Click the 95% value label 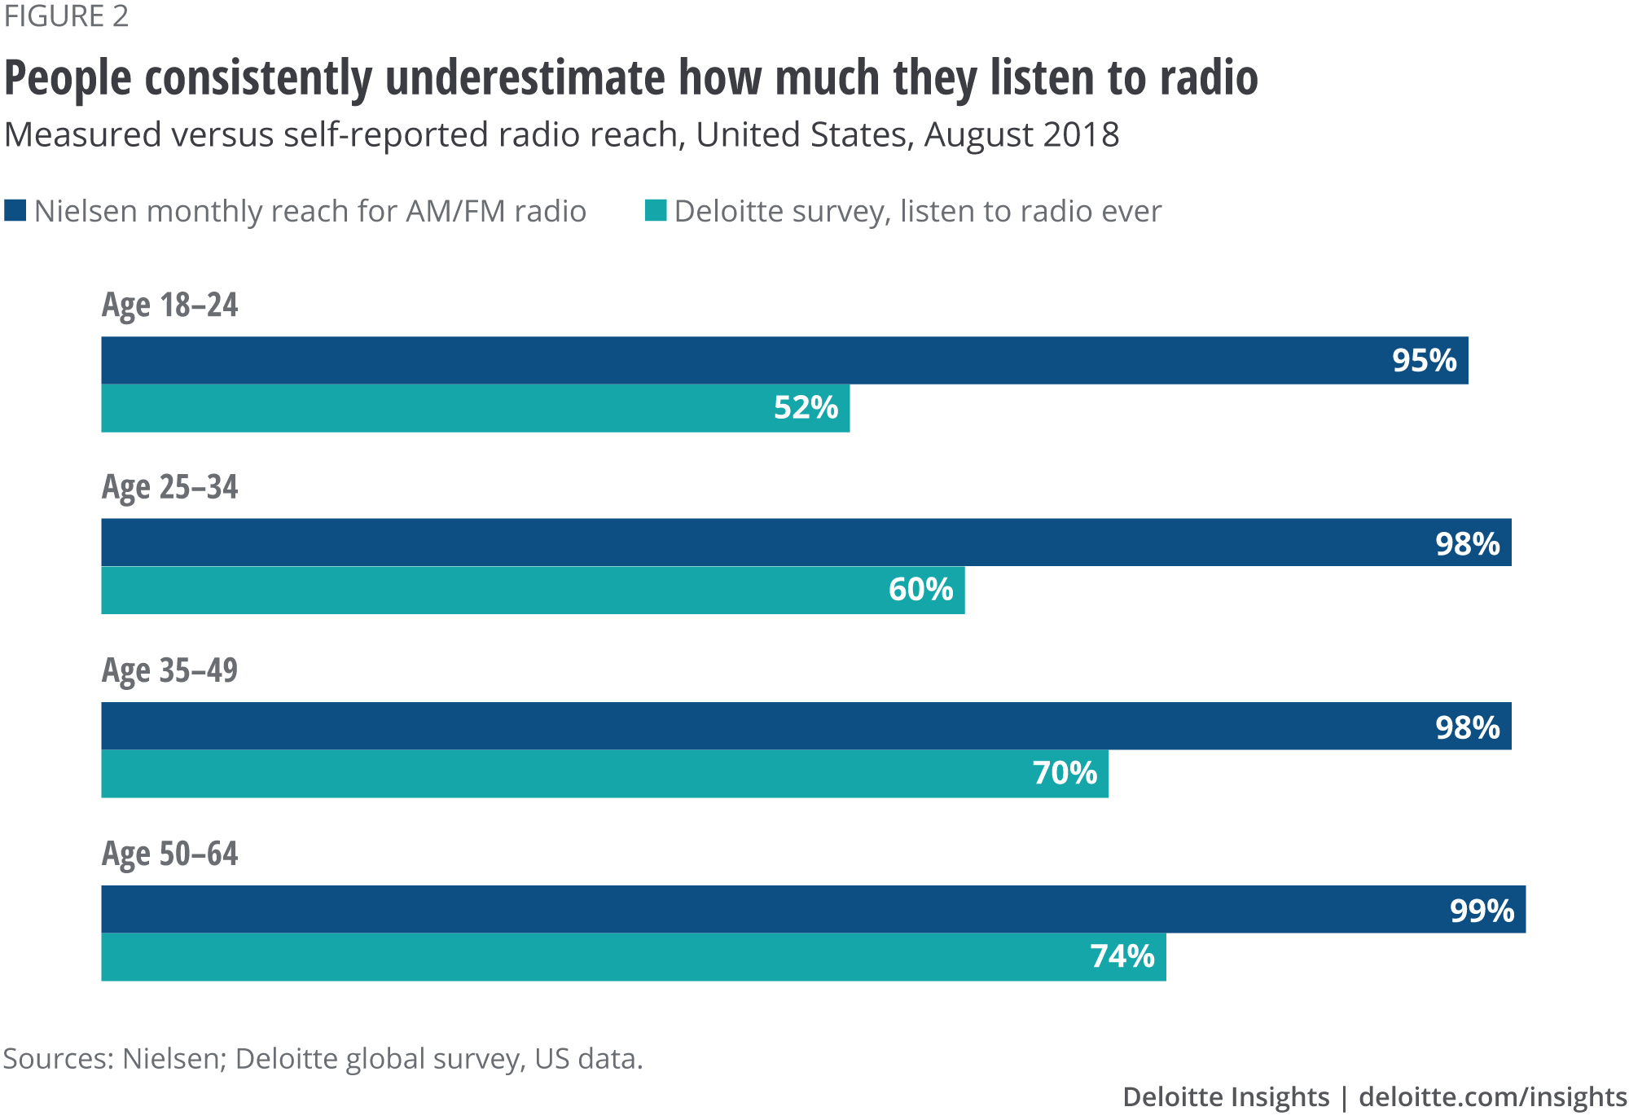tap(1424, 360)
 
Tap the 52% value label tap(806, 407)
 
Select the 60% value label tap(920, 589)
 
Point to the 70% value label tap(1065, 772)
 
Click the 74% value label tap(1122, 955)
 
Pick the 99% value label tap(1482, 910)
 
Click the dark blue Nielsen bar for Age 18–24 tap(733, 360)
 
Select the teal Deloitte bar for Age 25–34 tap(489, 590)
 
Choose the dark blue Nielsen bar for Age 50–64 tap(733, 909)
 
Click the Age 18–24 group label tap(169, 305)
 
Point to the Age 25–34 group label tap(169, 487)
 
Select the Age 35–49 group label tap(169, 670)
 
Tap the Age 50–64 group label tap(169, 854)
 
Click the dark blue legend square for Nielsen tap(15, 210)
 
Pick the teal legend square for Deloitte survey tap(656, 210)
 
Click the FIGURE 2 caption tap(66, 16)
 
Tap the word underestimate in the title tap(525, 78)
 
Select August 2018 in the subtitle tap(1021, 135)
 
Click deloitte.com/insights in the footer tap(1492, 1096)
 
